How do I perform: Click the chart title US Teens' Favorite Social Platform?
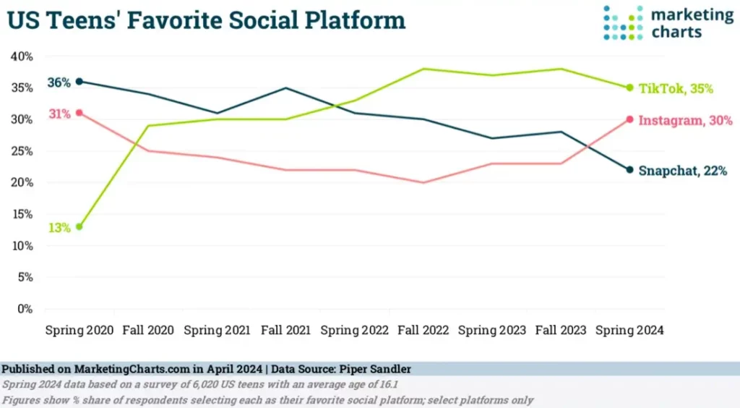coord(207,20)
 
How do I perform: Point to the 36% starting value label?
coord(59,82)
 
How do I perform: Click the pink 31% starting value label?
coord(59,114)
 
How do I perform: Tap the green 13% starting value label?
coord(59,227)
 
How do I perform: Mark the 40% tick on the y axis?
coord(21,56)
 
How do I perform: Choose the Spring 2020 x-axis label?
coord(79,330)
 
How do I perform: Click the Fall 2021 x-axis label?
coord(287,330)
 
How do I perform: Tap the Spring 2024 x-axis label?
coord(629,330)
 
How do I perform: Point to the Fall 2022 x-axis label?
coord(424,330)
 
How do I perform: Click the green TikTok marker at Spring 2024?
coord(629,88)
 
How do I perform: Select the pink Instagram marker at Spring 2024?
coord(629,119)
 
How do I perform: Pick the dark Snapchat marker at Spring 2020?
coord(79,82)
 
